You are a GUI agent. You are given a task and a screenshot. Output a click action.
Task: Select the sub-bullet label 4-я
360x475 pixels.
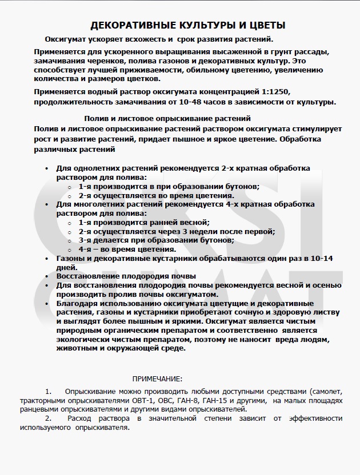(85, 249)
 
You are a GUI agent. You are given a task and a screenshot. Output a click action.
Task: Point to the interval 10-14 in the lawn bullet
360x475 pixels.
(322, 258)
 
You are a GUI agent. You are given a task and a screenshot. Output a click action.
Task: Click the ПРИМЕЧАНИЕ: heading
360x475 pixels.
(158, 379)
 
